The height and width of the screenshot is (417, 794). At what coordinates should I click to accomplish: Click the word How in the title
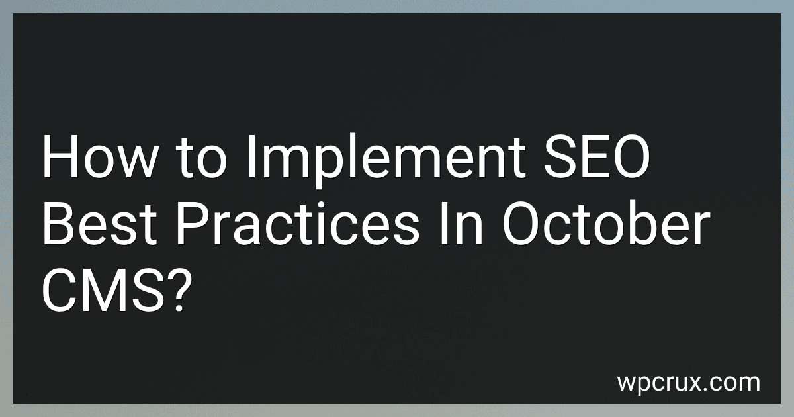pyautogui.click(x=100, y=158)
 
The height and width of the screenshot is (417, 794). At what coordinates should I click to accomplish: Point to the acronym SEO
pyautogui.click(x=597, y=158)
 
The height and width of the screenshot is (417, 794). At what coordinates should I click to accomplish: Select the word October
pyautogui.click(x=606, y=222)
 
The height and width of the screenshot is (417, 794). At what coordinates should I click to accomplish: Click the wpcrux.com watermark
pyautogui.click(x=688, y=383)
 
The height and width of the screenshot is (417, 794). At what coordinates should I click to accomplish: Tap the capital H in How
pyautogui.click(x=60, y=158)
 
